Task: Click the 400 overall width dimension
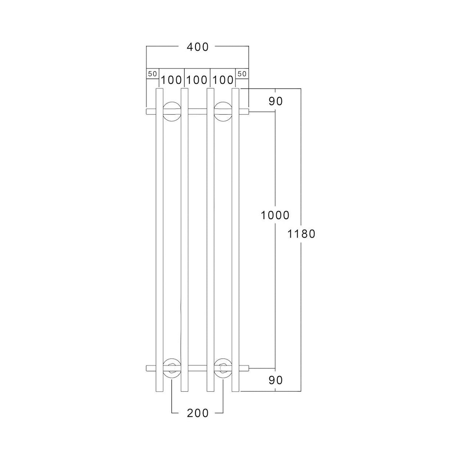pyautogui.click(x=197, y=47)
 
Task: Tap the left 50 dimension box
pyautogui.click(x=153, y=74)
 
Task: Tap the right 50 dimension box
pyautogui.click(x=242, y=74)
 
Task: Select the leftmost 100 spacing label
pyautogui.click(x=171, y=80)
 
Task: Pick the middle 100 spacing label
pyautogui.click(x=197, y=80)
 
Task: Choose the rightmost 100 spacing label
pyautogui.click(x=223, y=80)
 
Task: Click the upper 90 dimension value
pyautogui.click(x=275, y=101)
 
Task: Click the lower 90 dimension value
pyautogui.click(x=275, y=380)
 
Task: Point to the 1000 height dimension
pyautogui.click(x=275, y=216)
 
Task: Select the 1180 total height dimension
pyautogui.click(x=301, y=234)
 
